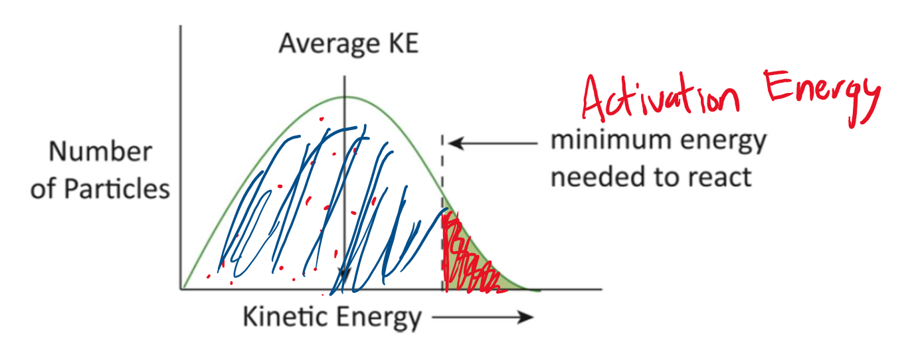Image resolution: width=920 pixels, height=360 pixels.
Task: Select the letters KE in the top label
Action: tap(401, 45)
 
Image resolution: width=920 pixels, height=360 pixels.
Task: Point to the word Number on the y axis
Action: tap(100, 152)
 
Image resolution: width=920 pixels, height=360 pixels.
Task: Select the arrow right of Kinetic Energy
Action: tap(482, 317)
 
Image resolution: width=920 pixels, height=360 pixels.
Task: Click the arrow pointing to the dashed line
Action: tap(492, 142)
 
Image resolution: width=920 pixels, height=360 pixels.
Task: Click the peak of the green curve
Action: tap(345, 98)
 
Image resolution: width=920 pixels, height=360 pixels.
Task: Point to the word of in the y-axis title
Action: tap(45, 190)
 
